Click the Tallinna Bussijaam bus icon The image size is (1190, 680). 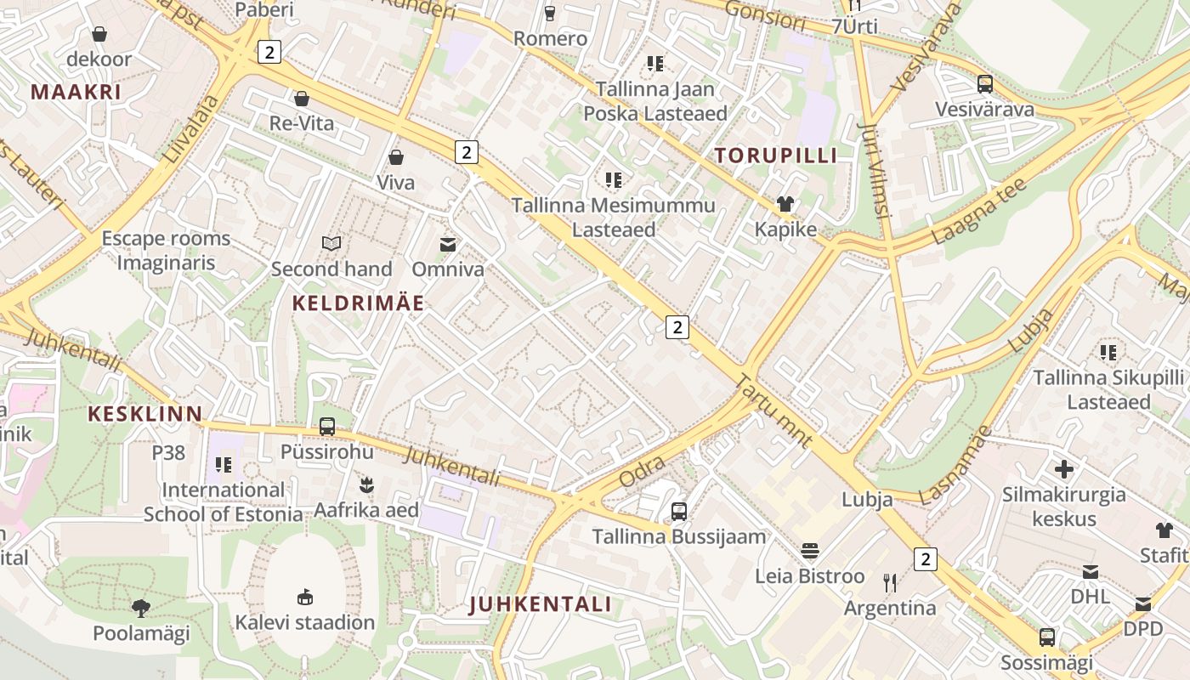(x=678, y=511)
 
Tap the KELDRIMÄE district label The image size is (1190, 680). (x=358, y=303)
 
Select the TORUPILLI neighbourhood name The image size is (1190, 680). (x=775, y=156)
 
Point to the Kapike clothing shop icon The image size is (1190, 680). (x=785, y=204)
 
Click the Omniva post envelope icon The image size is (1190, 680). (x=447, y=245)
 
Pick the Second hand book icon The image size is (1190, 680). (x=331, y=244)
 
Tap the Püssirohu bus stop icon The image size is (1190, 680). (x=327, y=427)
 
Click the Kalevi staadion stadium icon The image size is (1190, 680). (x=304, y=597)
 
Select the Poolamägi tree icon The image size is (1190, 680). (x=141, y=608)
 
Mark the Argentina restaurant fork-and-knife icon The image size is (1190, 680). (x=890, y=582)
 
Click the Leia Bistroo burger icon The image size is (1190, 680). (x=809, y=551)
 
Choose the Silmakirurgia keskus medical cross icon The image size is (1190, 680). (x=1063, y=469)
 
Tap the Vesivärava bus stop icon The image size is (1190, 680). (x=984, y=84)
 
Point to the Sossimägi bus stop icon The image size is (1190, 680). (x=1046, y=637)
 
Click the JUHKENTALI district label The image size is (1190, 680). (x=540, y=604)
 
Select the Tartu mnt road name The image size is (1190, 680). (x=773, y=411)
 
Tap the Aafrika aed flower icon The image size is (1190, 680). (x=366, y=485)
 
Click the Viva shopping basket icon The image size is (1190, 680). (x=395, y=157)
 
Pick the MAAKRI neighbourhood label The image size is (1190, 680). (x=76, y=92)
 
